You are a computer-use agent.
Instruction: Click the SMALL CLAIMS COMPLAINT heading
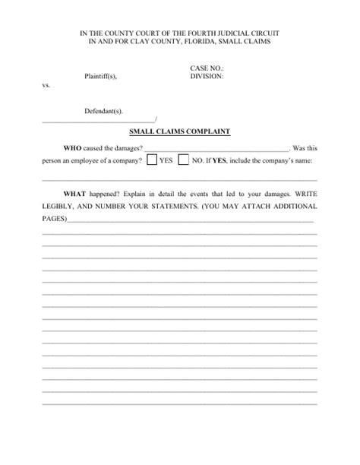click(x=180, y=131)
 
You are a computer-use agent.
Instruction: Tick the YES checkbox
click(x=152, y=161)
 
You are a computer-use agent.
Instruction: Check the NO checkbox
click(x=184, y=161)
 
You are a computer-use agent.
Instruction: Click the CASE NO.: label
click(x=207, y=68)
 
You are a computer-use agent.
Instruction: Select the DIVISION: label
click(x=207, y=76)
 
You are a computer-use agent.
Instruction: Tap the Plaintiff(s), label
click(x=101, y=77)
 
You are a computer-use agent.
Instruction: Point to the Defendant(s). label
click(x=103, y=111)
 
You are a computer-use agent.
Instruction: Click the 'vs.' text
click(x=46, y=86)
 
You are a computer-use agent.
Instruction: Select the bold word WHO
click(x=72, y=147)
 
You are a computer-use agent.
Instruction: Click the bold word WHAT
click(x=75, y=193)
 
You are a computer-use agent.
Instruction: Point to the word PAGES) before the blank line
click(x=54, y=219)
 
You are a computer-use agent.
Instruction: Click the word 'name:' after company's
click(x=304, y=162)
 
